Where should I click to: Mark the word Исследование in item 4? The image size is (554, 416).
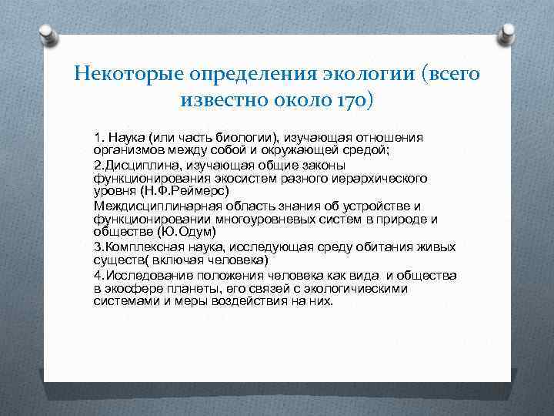pyautogui.click(x=149, y=275)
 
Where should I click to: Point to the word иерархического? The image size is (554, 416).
pyautogui.click(x=384, y=177)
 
